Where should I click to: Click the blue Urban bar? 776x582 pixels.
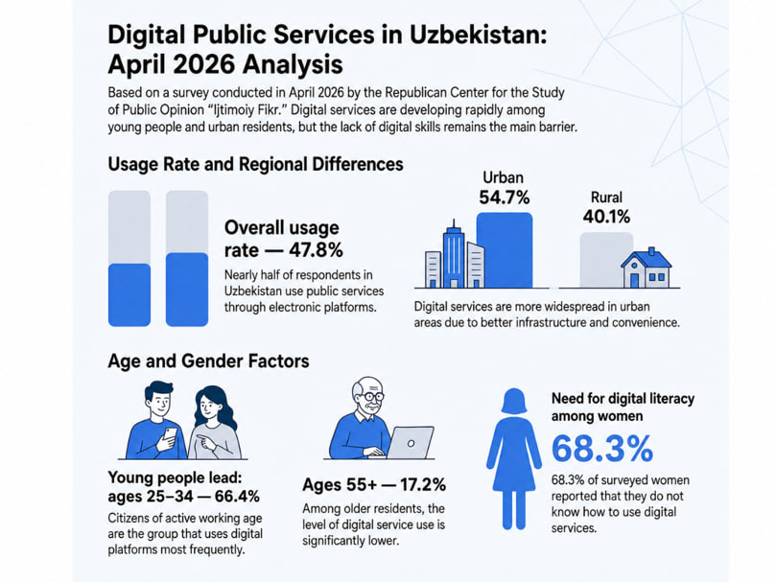click(x=505, y=250)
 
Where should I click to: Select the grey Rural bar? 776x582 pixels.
click(x=606, y=260)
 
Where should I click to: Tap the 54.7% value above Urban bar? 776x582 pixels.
click(x=505, y=198)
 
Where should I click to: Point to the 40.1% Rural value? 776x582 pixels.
click(x=606, y=217)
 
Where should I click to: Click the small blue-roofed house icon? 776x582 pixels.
click(x=647, y=268)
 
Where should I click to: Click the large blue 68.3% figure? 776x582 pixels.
click(x=602, y=449)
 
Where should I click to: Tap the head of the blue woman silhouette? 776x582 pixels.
click(x=514, y=401)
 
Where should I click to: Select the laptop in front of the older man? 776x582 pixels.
click(x=410, y=442)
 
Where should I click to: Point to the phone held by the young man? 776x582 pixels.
click(x=170, y=436)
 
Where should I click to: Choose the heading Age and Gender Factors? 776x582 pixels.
click(x=208, y=361)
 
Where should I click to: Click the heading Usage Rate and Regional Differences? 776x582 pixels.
click(x=255, y=164)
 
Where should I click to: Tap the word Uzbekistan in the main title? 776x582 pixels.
click(x=478, y=35)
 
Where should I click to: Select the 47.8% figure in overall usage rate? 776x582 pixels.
click(x=316, y=250)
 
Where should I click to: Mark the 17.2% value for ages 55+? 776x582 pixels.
click(x=423, y=485)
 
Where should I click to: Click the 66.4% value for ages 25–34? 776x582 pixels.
click(x=237, y=497)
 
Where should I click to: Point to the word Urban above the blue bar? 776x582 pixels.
click(x=503, y=177)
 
